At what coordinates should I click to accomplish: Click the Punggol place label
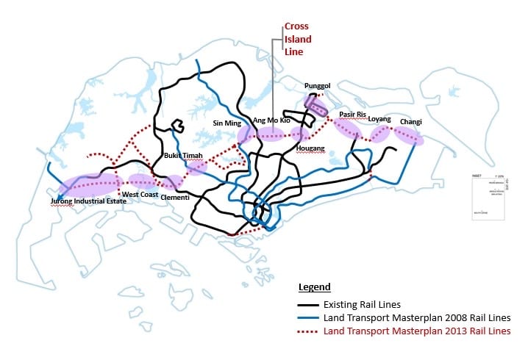317,86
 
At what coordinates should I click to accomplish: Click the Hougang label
309,148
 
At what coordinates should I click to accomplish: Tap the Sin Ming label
227,123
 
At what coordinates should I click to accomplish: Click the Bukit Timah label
181,156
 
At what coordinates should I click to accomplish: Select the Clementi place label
174,198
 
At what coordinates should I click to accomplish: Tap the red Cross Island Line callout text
297,39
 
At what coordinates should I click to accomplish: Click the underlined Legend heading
314,287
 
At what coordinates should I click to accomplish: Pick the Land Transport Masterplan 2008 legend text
416,318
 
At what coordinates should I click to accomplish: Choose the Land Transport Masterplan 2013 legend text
416,331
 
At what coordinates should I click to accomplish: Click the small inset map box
488,198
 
